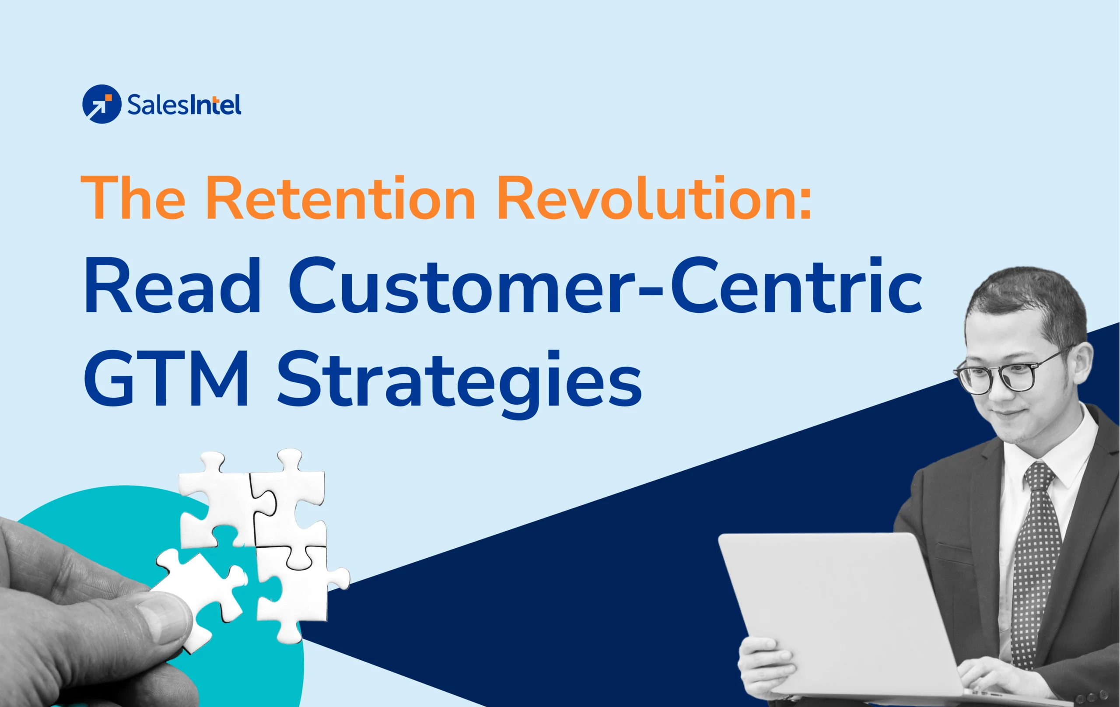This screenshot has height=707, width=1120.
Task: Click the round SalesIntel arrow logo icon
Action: click(101, 104)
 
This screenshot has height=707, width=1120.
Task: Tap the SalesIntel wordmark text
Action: click(184, 105)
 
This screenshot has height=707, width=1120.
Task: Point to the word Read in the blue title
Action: click(172, 286)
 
